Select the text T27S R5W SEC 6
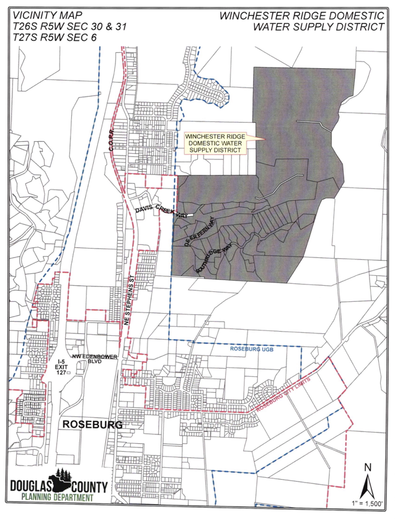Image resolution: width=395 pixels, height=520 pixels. point(55,37)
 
